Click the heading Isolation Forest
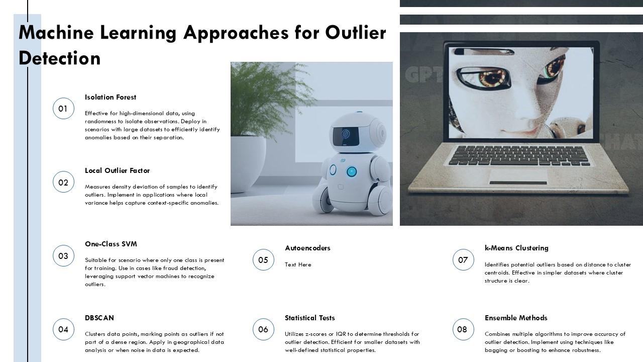[110, 97]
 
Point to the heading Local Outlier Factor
[117, 170]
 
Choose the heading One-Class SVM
[111, 244]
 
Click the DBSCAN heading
[99, 318]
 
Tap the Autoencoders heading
[307, 248]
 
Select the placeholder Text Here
[298, 264]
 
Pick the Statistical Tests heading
[310, 318]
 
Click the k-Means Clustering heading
[516, 248]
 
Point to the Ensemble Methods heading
[516, 318]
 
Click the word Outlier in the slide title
[356, 33]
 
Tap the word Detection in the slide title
[59, 58]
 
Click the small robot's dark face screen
[346, 136]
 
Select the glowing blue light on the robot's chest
[351, 171]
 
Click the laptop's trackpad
[518, 176]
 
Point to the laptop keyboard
[519, 155]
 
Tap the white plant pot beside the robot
[248, 164]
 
